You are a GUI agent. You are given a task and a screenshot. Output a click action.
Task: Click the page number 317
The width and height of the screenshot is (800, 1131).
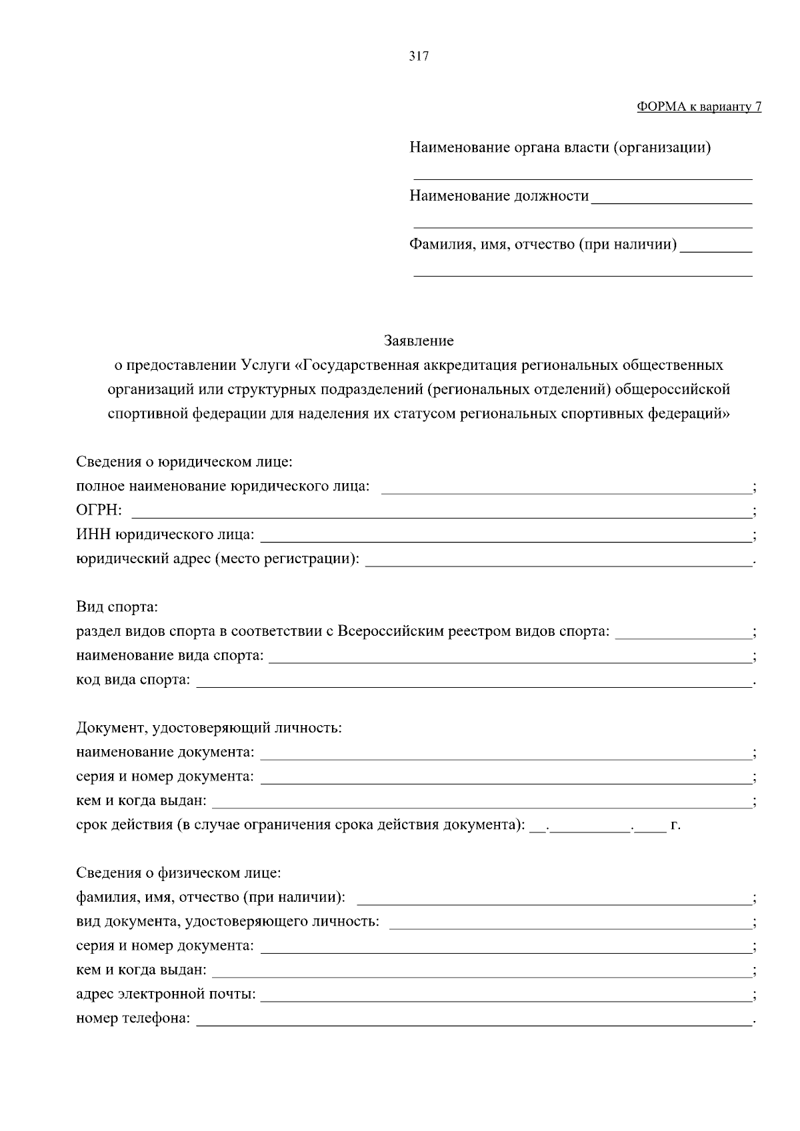tap(419, 57)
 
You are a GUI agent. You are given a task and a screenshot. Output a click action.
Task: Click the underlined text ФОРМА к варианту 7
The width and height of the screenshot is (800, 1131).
tap(699, 107)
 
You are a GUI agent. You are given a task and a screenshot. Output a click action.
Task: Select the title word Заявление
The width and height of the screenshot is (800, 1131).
tap(419, 341)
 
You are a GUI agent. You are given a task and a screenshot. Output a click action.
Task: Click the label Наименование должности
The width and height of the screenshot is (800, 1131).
tap(499, 196)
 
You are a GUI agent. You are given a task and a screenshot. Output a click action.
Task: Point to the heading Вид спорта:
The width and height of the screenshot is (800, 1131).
tap(117, 607)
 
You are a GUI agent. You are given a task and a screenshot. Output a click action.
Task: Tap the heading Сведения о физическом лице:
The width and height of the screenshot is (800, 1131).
tap(179, 873)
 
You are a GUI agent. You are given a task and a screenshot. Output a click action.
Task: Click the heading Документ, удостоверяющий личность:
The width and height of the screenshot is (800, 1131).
tap(209, 728)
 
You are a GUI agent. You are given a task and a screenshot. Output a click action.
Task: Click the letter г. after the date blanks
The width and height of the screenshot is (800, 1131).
tap(675, 825)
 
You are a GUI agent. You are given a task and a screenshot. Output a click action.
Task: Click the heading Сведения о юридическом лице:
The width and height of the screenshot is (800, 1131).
tap(185, 462)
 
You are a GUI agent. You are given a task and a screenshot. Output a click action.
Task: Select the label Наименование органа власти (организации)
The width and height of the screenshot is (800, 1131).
tap(560, 147)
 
